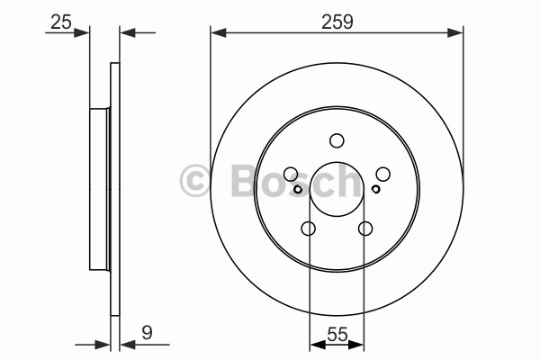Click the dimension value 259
(337, 22)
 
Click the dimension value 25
(61, 22)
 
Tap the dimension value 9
(147, 333)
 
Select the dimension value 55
(337, 334)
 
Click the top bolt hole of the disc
(337, 141)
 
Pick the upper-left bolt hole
(291, 174)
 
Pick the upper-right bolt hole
(383, 174)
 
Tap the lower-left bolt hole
(308, 228)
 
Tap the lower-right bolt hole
(365, 228)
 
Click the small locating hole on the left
(298, 189)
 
